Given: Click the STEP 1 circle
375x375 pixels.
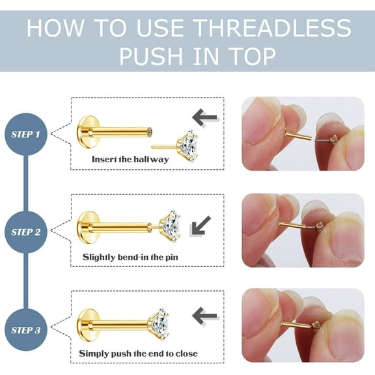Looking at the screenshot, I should [26, 134].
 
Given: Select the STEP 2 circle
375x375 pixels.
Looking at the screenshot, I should [26, 232].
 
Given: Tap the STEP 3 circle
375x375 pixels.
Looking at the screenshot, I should [26, 329].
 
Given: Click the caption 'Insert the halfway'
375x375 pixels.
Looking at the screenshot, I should [130, 160].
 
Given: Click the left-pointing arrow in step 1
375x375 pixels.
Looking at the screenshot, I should [205, 117].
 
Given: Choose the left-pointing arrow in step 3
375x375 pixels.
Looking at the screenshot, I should [205, 316].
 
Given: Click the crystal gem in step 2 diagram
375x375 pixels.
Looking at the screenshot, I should [169, 225].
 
